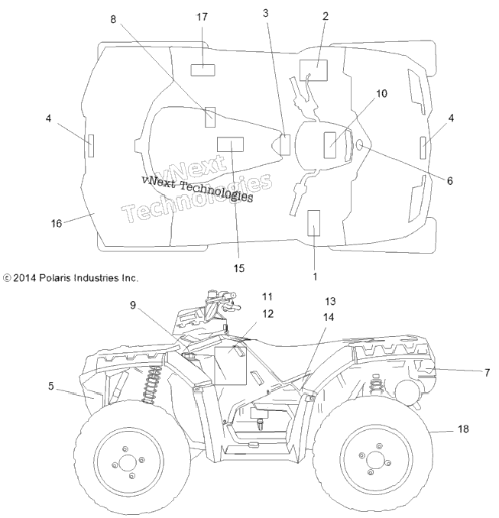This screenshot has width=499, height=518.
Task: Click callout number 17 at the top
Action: (x=202, y=17)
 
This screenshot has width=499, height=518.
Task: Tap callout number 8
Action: (x=113, y=20)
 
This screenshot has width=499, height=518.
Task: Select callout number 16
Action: (x=57, y=224)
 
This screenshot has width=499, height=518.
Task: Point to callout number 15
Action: (x=239, y=268)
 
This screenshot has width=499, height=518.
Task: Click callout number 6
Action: (x=450, y=181)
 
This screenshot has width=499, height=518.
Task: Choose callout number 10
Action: (x=381, y=93)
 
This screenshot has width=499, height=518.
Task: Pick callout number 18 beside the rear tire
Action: (x=463, y=429)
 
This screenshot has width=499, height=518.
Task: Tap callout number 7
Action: (x=487, y=373)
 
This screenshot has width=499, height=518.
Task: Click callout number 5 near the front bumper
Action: (x=50, y=386)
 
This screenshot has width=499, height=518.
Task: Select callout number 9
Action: (x=133, y=305)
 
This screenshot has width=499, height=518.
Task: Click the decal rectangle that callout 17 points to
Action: (x=203, y=70)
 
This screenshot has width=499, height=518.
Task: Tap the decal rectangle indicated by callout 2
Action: (x=313, y=70)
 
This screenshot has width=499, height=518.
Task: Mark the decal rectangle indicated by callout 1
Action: (x=313, y=223)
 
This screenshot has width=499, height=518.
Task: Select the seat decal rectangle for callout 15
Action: (x=230, y=144)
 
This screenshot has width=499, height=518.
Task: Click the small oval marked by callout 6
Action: (x=360, y=144)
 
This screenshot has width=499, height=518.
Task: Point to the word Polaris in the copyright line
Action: (x=55, y=278)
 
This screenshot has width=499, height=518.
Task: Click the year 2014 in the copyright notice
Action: (x=24, y=278)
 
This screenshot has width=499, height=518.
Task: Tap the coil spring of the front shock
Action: (x=151, y=384)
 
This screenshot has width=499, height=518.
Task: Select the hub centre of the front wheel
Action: (x=128, y=463)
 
